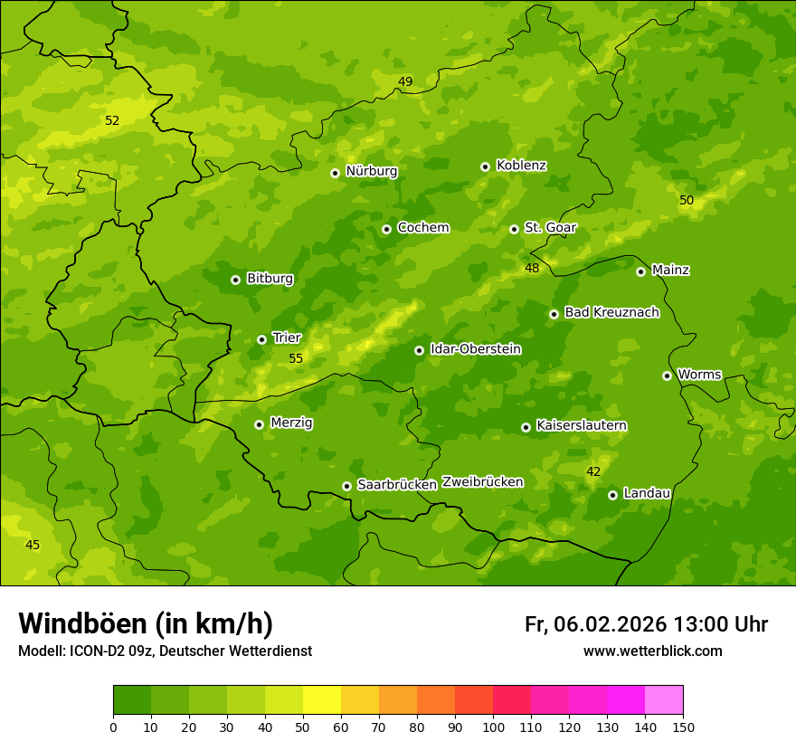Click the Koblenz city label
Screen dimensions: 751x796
click(521, 166)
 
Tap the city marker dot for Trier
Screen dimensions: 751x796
click(261, 339)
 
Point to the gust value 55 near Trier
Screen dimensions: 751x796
click(296, 358)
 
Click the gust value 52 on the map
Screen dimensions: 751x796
click(112, 120)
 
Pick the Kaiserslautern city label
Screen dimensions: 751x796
click(582, 425)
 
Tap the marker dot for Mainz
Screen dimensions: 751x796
click(640, 271)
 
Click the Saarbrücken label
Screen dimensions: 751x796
click(397, 485)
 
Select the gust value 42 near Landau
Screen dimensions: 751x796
click(593, 471)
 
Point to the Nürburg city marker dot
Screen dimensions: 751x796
click(335, 173)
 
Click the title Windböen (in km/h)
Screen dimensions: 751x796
click(145, 623)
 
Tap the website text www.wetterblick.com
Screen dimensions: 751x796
click(652, 651)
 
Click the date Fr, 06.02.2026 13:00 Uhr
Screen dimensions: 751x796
click(646, 624)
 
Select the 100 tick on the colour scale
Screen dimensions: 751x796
click(493, 727)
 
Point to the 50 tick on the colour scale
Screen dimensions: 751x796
click(303, 727)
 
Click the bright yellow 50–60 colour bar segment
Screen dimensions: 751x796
click(322, 700)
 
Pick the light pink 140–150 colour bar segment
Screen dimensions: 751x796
click(664, 700)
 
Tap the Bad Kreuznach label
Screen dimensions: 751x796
click(611, 312)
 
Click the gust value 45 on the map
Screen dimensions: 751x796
click(33, 545)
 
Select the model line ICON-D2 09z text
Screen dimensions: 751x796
click(165, 651)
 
